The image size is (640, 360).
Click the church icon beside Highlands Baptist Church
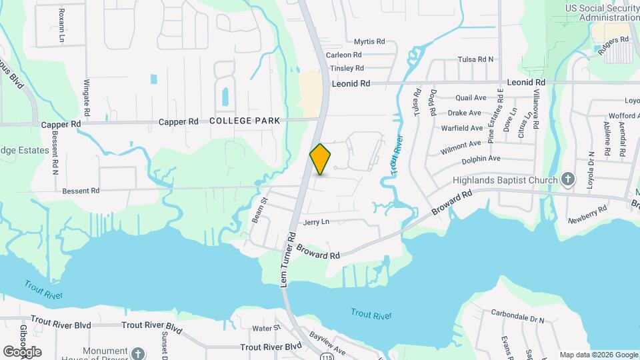[567, 179]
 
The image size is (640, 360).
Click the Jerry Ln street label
[316, 221]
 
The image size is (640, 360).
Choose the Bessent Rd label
[81, 191]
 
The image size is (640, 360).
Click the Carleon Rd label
[344, 55]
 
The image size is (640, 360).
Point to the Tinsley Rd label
[347, 68]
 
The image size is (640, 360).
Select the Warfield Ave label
[461, 128]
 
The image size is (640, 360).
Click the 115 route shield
[326, 357]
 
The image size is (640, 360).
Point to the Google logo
[22, 351]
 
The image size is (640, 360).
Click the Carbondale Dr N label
[518, 313]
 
